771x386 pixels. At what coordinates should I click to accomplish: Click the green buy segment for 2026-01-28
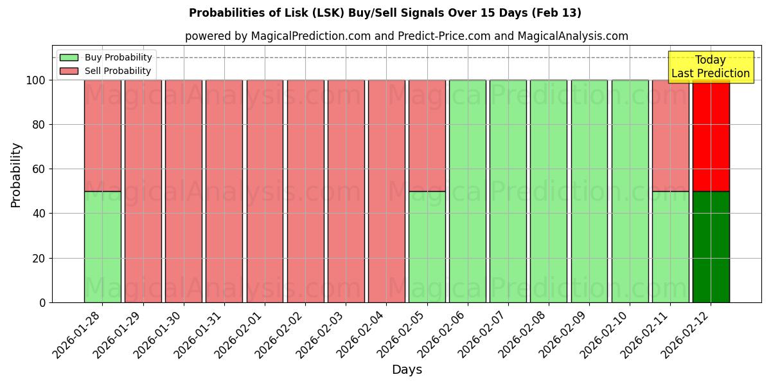click(x=102, y=246)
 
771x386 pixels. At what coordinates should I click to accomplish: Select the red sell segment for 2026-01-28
click(x=102, y=135)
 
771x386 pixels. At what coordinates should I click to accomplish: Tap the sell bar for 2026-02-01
click(x=265, y=191)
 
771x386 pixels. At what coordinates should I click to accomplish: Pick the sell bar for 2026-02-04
click(x=386, y=191)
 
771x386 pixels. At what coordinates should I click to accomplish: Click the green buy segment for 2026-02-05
click(x=427, y=246)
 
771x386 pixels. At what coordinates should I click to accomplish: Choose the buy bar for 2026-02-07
click(x=508, y=191)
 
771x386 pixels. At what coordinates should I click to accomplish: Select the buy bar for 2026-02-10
click(x=630, y=191)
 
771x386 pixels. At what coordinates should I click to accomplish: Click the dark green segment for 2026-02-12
click(x=711, y=246)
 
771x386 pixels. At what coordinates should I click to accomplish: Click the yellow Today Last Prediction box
click(x=710, y=67)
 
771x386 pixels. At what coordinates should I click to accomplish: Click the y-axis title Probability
click(x=16, y=174)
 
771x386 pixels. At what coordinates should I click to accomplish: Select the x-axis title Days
click(x=407, y=369)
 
